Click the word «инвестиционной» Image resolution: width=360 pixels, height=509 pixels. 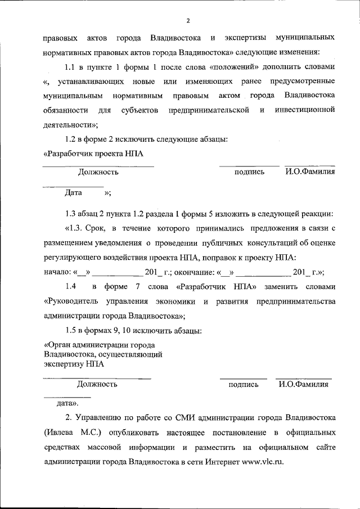point(305,110)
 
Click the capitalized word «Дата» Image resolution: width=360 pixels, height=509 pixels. point(74,192)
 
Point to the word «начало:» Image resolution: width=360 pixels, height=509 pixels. point(58,272)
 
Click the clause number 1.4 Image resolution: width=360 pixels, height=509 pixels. point(71,286)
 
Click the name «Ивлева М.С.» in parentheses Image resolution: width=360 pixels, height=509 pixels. point(70,433)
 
